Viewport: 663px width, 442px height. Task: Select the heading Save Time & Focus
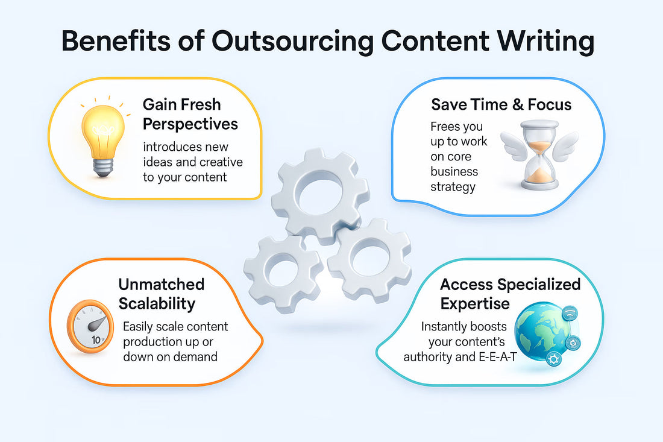(501, 104)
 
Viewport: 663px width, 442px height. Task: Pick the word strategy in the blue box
(453, 186)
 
